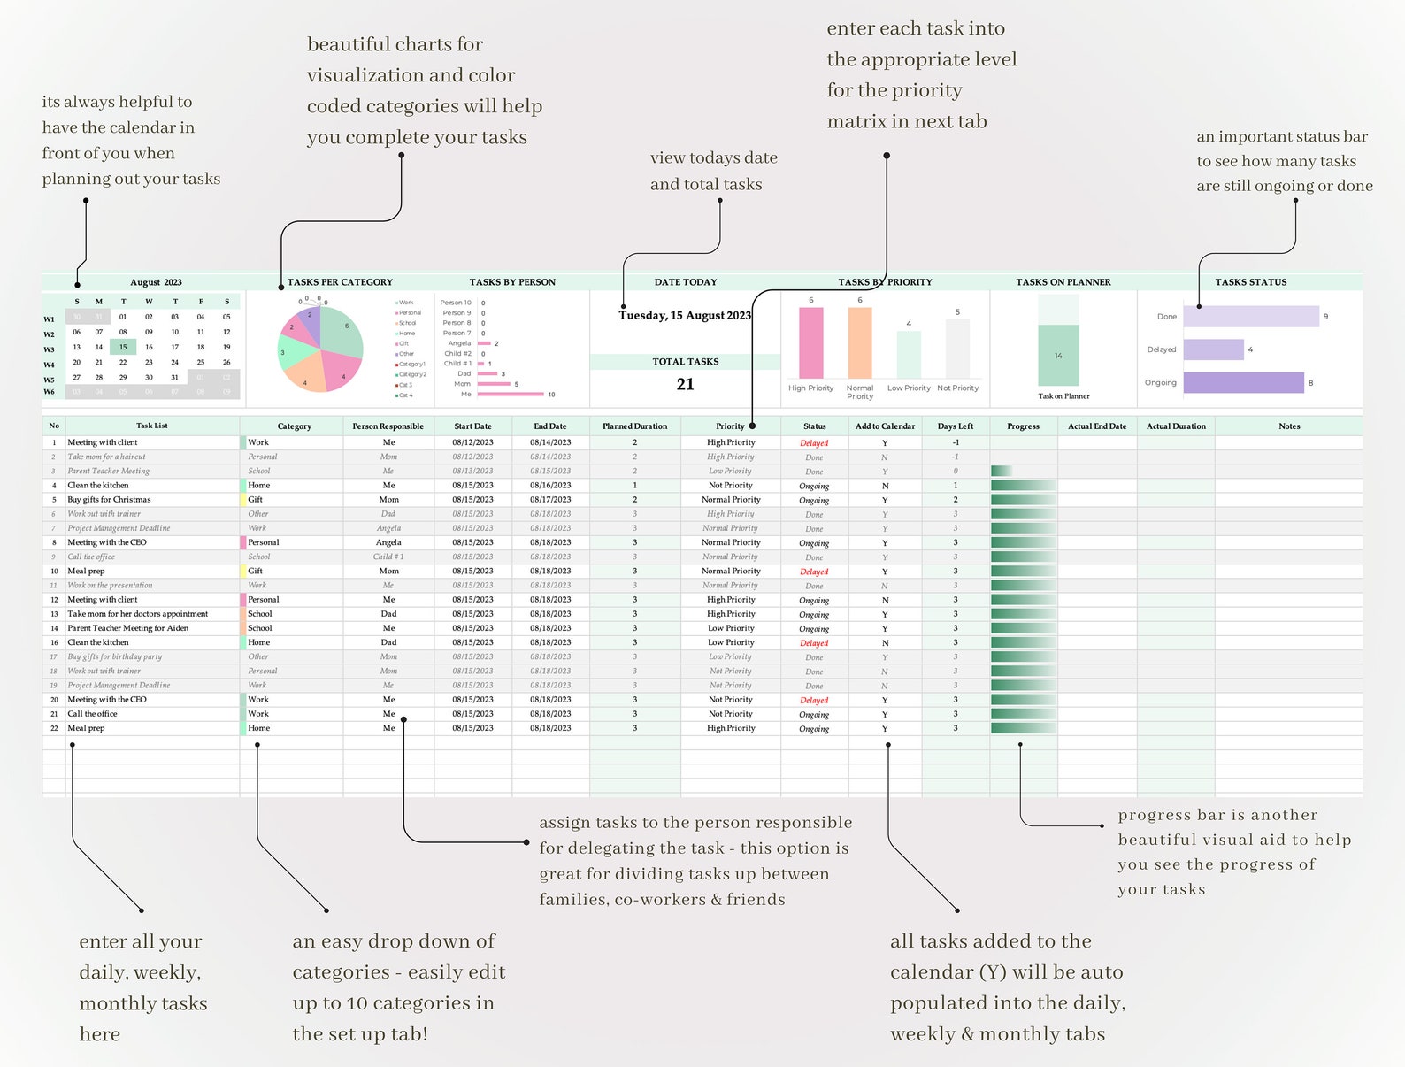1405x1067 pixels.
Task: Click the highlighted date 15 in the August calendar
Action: click(123, 347)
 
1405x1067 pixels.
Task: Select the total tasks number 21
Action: click(685, 384)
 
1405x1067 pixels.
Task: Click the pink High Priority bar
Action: click(810, 343)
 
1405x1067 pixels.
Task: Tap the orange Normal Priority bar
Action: click(859, 343)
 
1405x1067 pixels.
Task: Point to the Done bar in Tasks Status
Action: click(1250, 316)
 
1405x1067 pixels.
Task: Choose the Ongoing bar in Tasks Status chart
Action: click(1243, 382)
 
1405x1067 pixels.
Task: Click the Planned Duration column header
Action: click(634, 426)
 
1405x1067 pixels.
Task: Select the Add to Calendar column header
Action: click(885, 426)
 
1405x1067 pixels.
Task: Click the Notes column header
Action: click(1288, 426)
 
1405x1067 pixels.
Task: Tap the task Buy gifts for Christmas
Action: click(109, 500)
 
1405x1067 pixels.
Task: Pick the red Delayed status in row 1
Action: click(814, 443)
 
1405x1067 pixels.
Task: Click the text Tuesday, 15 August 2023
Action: click(684, 316)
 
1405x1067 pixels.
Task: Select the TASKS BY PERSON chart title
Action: click(512, 282)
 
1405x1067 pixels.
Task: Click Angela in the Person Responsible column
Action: click(388, 542)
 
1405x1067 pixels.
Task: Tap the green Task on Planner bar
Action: click(1058, 356)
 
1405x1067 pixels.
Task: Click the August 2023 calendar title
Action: click(156, 282)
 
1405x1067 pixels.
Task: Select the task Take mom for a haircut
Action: click(106, 457)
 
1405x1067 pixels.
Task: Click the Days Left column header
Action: click(955, 426)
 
